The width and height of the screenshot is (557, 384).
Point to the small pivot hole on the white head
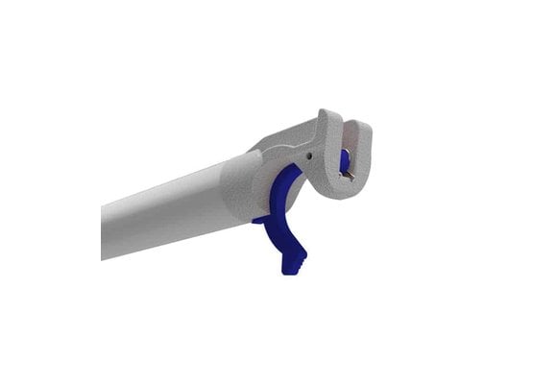310,151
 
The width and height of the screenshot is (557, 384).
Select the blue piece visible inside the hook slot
344,159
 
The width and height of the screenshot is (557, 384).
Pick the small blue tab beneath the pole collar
259,220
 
